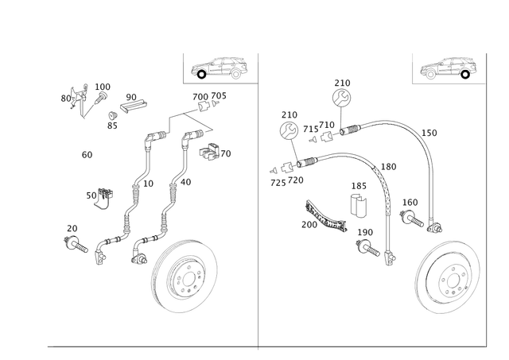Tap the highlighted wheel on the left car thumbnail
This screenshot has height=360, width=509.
(202, 74)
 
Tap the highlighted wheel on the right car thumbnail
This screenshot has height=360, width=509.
(430, 74)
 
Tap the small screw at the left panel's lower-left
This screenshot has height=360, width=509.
(75, 242)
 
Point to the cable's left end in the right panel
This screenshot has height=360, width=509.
(274, 168)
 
